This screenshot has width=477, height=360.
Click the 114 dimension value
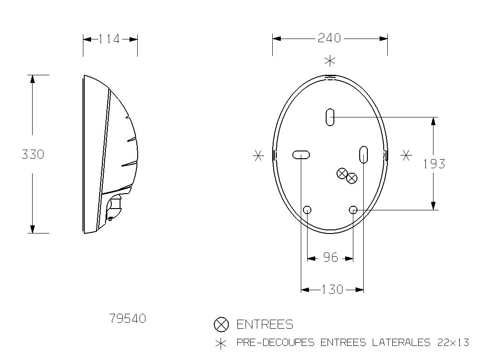pos(110,39)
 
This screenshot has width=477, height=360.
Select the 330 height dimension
pos(33,155)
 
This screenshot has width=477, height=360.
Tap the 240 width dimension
pos(329,38)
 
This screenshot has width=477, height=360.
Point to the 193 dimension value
pos(434,164)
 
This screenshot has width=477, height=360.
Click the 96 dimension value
pos(330,258)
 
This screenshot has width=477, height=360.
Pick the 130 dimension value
pos(332,289)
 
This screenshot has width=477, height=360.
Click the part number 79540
pos(128,319)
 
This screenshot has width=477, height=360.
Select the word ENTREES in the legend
pos(265,324)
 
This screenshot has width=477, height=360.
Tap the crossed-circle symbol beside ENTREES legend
pos(221,324)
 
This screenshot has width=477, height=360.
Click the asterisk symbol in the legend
pos(221,344)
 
